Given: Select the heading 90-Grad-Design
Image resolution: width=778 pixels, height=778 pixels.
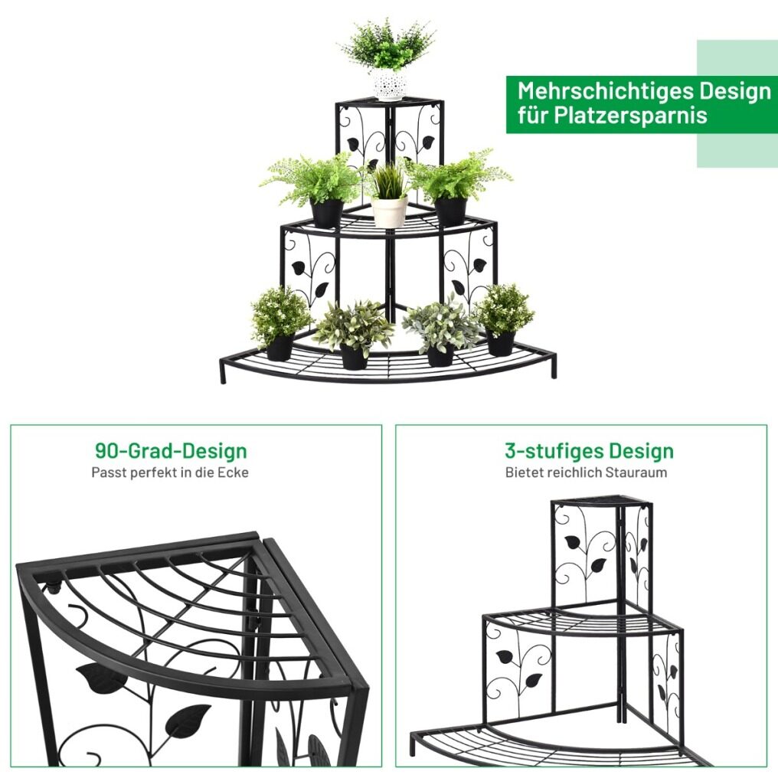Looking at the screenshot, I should [171, 450].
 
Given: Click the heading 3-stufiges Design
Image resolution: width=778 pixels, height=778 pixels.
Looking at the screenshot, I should [589, 450].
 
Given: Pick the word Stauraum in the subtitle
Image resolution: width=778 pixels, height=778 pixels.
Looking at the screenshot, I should [636, 472].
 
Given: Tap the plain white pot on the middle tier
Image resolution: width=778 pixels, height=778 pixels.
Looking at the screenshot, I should [390, 211].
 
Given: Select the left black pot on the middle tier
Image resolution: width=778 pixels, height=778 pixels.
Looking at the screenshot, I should [327, 213].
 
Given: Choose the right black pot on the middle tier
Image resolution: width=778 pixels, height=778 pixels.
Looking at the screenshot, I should [450, 211].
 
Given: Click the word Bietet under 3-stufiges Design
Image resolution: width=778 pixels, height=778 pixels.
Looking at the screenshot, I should [523, 472].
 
